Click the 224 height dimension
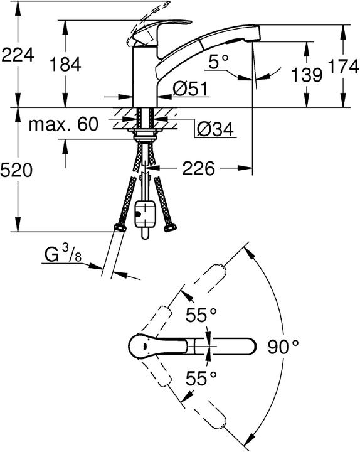(18, 55)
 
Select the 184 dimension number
(65, 64)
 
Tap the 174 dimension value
(344, 67)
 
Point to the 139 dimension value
(307, 75)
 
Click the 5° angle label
(218, 62)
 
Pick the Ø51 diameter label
(191, 89)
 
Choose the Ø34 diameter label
(215, 129)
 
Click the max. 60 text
(63, 124)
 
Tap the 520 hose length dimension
(16, 169)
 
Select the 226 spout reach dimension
(198, 168)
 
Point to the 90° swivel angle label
(283, 346)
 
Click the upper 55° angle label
(201, 315)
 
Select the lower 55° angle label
(201, 378)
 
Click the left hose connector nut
(120, 228)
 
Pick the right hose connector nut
(170, 228)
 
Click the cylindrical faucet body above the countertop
(145, 77)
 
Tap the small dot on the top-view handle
(145, 346)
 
